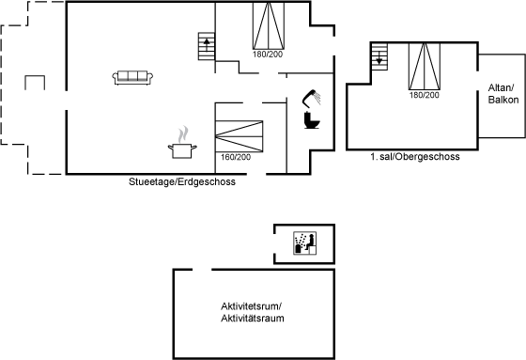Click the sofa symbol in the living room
(x=132, y=78)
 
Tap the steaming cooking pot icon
(x=182, y=143)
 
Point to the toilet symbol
(x=312, y=120)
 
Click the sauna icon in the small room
(x=304, y=243)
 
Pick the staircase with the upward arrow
(x=207, y=46)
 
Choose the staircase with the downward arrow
(x=379, y=56)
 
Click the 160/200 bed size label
(x=236, y=157)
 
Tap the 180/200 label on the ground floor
(x=268, y=55)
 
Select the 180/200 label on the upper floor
(x=424, y=95)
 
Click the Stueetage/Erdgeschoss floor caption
(x=182, y=182)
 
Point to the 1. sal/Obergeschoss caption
(x=415, y=157)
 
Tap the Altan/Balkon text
(x=503, y=94)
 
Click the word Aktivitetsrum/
(x=252, y=306)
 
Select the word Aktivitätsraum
(x=253, y=318)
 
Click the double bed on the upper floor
(x=425, y=67)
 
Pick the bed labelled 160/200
(x=239, y=136)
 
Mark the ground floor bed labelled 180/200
(x=269, y=26)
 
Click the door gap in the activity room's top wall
(x=202, y=270)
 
